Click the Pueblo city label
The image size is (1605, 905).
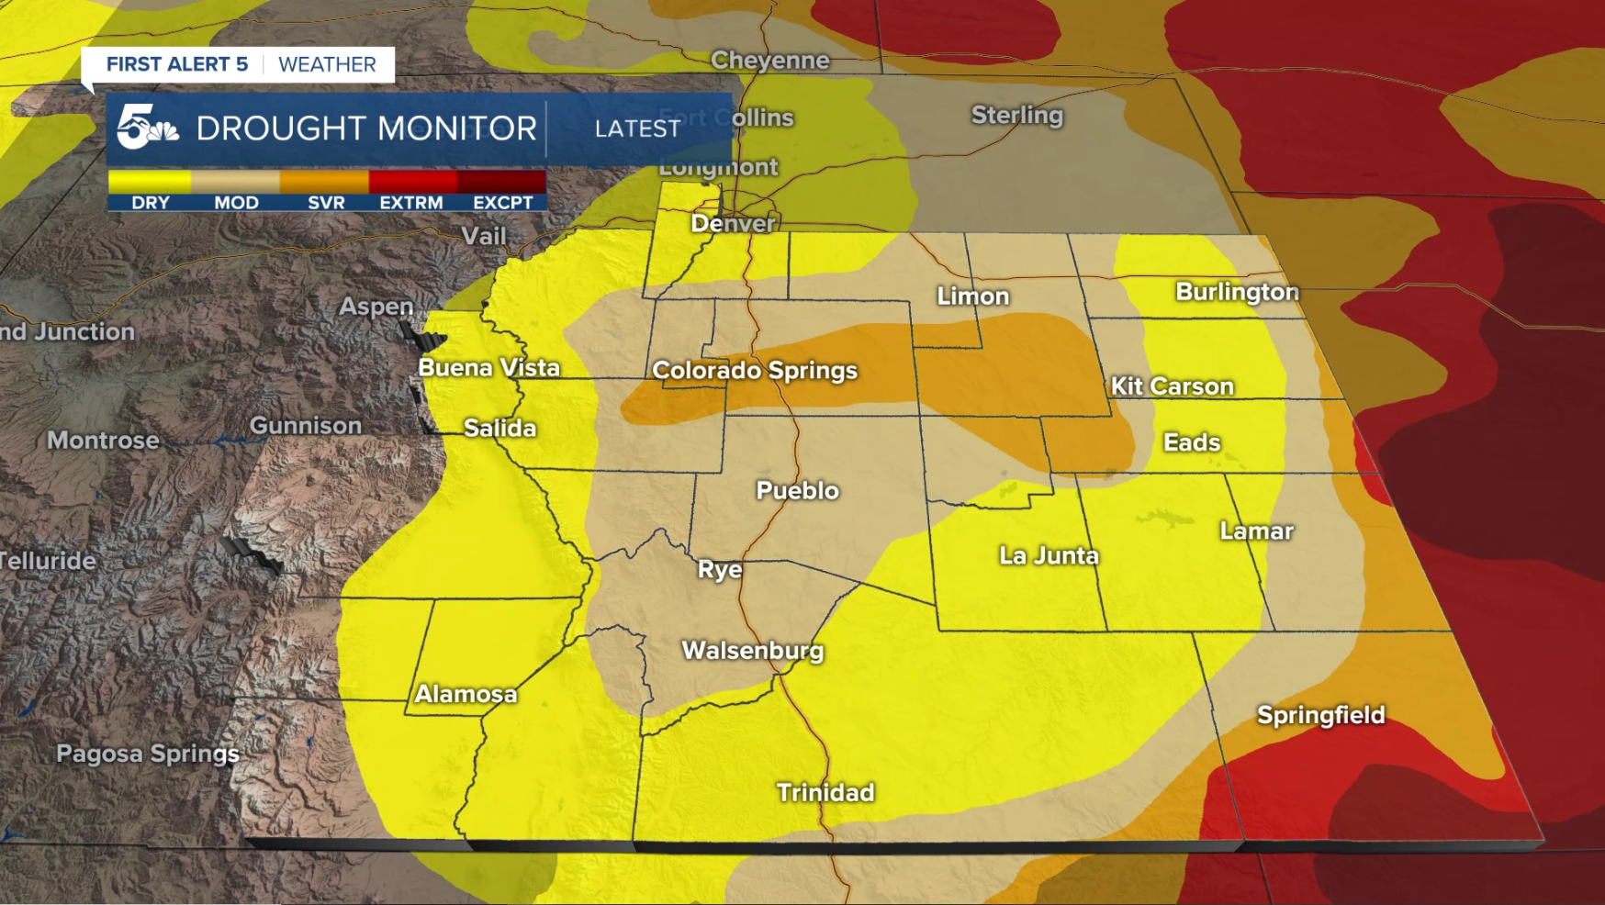[x=797, y=490]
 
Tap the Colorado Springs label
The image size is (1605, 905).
[x=754, y=370]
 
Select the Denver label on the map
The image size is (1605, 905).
[x=733, y=223]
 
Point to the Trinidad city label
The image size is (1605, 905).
[x=825, y=792]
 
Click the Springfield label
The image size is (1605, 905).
[x=1319, y=715]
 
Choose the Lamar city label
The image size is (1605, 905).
[x=1255, y=531]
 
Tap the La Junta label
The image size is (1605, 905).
[x=1048, y=555]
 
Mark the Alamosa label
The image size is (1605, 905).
[x=466, y=694]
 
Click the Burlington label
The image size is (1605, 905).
[x=1236, y=292]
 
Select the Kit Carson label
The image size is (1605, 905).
[x=1172, y=386]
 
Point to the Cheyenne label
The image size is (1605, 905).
[x=769, y=61]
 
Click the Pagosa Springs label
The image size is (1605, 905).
[x=147, y=754]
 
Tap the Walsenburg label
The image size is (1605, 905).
[x=752, y=651]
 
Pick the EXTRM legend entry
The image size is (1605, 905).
[x=410, y=202]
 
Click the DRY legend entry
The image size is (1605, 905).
[x=151, y=202]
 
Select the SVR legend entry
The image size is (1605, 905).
[x=326, y=202]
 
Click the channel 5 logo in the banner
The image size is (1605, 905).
[x=145, y=128]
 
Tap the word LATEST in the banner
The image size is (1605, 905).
[x=637, y=128]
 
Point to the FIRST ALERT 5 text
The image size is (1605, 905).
[x=176, y=64]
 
